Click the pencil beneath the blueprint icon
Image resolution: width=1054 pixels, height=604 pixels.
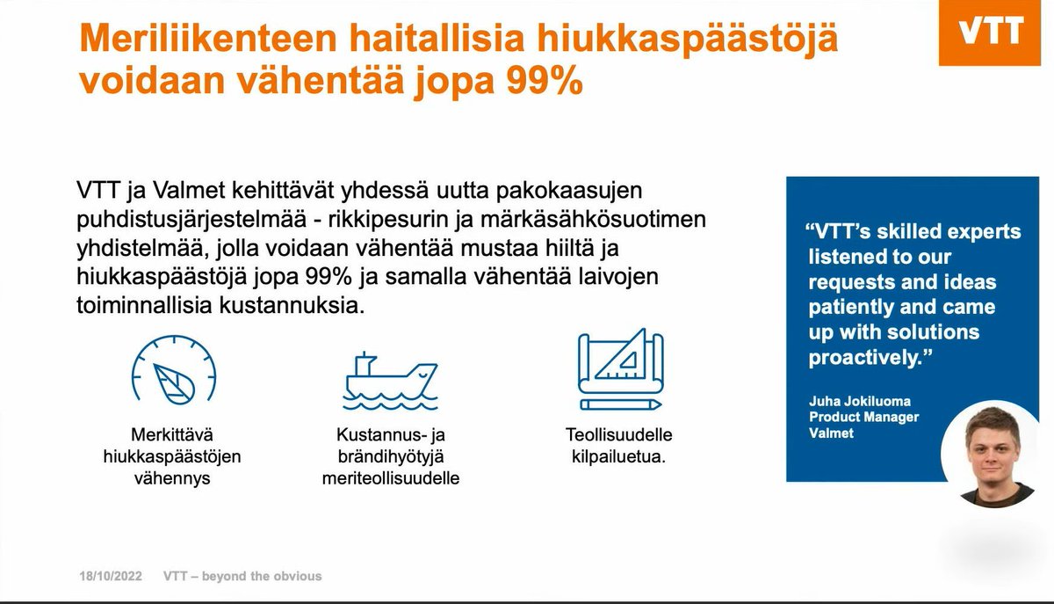pyautogui.click(x=619, y=404)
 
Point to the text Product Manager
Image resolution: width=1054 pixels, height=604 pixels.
pyautogui.click(x=863, y=417)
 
